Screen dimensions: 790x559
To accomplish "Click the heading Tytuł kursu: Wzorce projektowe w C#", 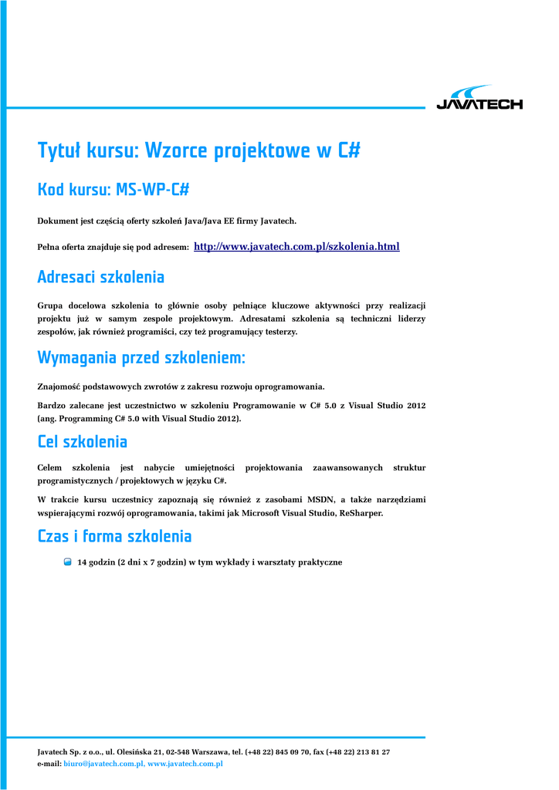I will click(198, 150).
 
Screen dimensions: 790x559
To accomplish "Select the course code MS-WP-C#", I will click(153, 190).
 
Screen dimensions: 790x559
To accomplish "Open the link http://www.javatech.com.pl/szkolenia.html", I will click(296, 247).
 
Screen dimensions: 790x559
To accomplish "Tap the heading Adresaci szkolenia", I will click(100, 276).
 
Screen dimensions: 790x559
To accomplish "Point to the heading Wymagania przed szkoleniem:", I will click(141, 358).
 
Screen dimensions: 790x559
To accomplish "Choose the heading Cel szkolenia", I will click(82, 442).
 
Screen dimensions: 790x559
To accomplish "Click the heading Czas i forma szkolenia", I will click(114, 536).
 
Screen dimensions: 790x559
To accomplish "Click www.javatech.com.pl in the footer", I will click(185, 763).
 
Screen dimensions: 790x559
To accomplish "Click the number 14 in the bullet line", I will click(82, 562).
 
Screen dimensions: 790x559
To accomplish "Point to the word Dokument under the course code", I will click(57, 221).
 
